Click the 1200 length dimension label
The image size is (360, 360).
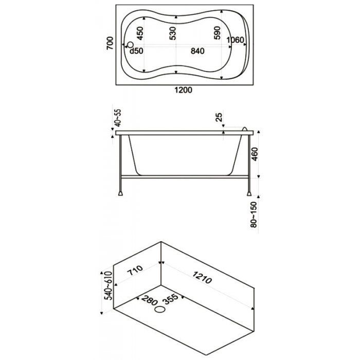(x=183, y=90)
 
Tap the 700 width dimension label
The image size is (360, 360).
(x=110, y=43)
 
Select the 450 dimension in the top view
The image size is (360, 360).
(x=139, y=33)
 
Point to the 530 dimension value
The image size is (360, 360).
(x=172, y=33)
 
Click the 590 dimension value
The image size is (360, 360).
(x=217, y=33)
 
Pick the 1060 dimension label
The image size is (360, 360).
(x=235, y=40)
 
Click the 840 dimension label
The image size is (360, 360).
(x=197, y=51)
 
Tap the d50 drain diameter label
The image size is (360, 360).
(x=136, y=51)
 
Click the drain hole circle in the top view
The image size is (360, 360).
(x=131, y=45)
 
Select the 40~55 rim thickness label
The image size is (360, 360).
(x=118, y=118)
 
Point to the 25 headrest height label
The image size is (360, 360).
(x=219, y=117)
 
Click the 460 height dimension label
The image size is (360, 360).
(x=255, y=154)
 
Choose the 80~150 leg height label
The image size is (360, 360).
(x=254, y=214)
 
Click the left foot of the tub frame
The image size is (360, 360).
(x=120, y=193)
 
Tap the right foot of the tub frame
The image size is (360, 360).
(x=249, y=193)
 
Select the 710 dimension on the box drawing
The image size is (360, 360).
(x=135, y=271)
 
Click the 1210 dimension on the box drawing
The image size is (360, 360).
(x=202, y=277)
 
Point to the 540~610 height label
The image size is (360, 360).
(x=108, y=286)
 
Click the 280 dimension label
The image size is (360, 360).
(x=150, y=300)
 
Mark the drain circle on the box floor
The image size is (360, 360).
(x=160, y=310)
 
